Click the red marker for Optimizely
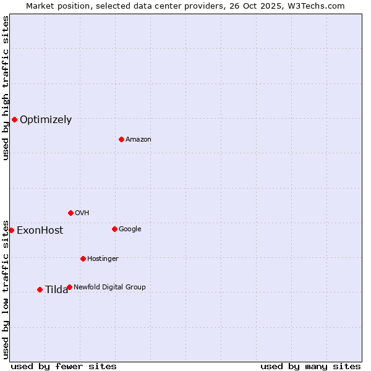(14, 119)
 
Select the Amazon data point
(121, 139)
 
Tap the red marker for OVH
(70, 213)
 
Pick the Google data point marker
(114, 229)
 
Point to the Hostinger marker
(83, 258)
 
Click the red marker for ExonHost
(11, 230)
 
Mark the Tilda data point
(40, 289)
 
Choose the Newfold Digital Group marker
(69, 287)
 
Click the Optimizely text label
(46, 120)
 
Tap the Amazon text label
(139, 140)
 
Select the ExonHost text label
(40, 231)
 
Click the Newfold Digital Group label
(109, 287)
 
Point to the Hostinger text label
(103, 258)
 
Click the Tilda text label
(56, 290)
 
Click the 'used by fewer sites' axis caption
(64, 366)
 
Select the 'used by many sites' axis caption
(310, 366)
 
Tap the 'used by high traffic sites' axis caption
(6, 88)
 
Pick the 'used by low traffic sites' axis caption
(6, 289)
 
